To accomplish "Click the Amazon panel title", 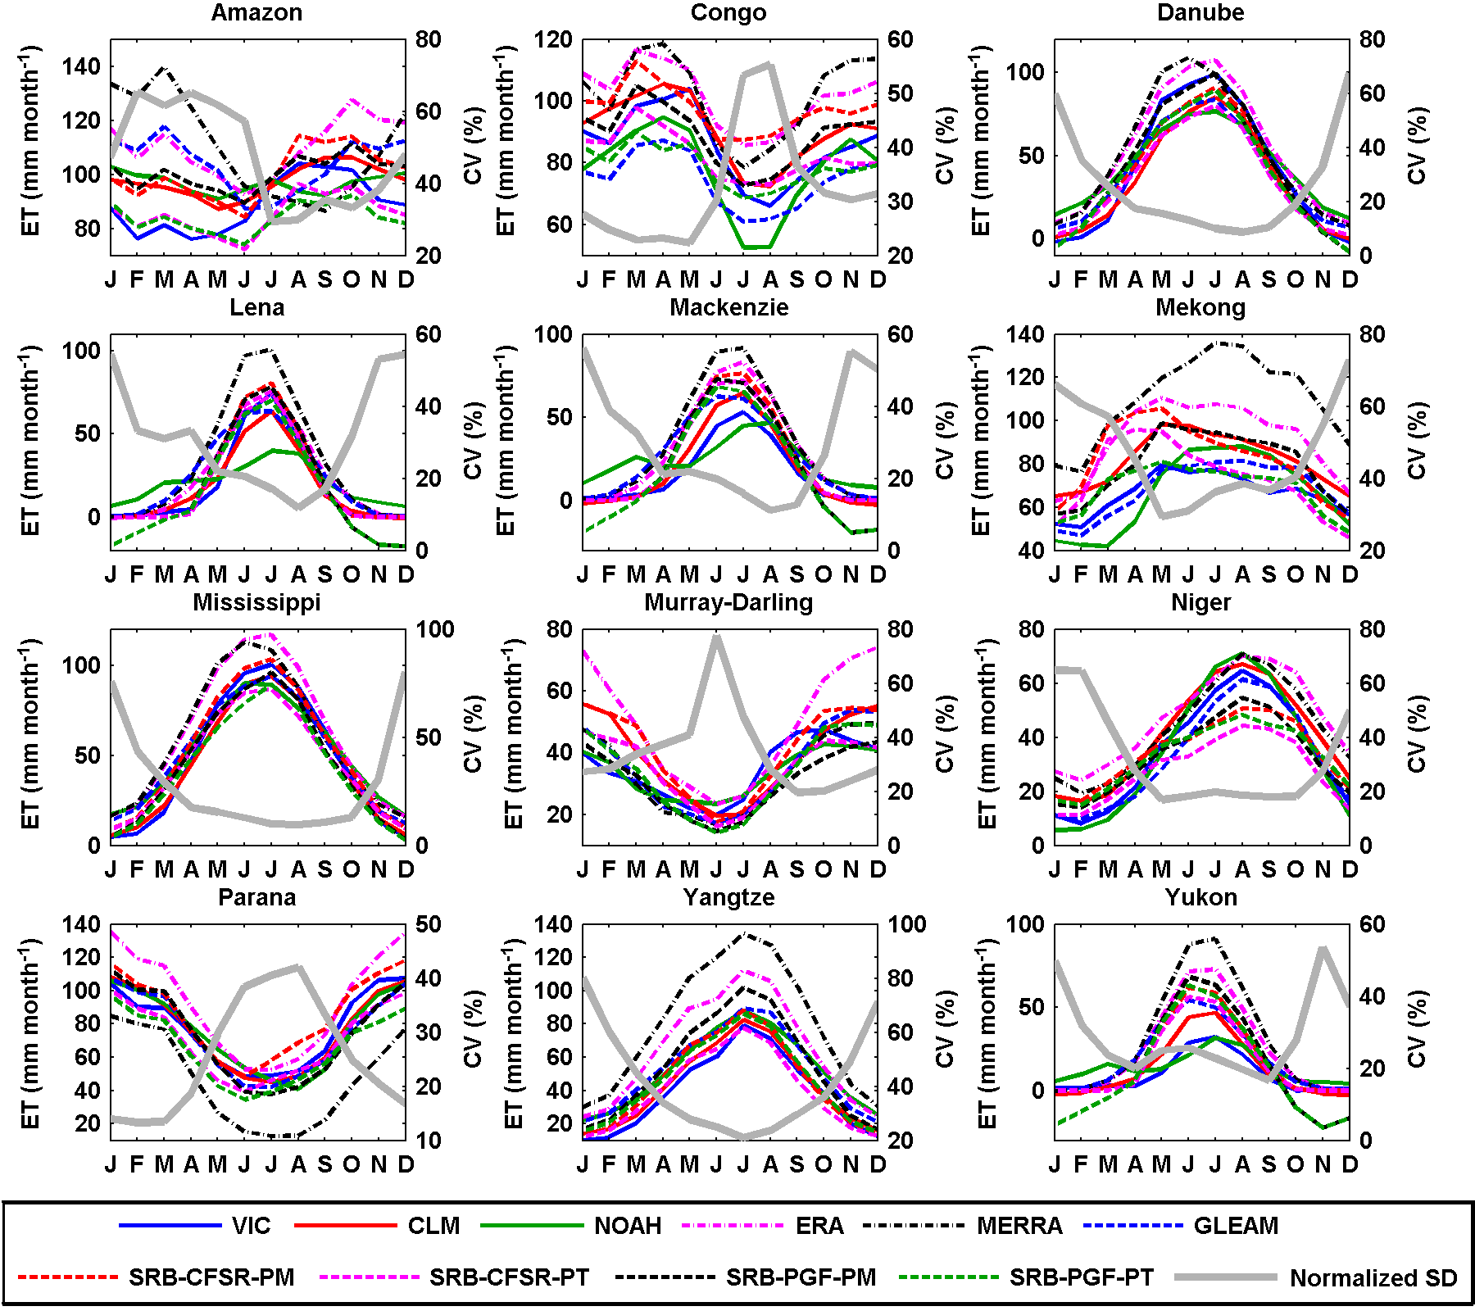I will click(256, 13).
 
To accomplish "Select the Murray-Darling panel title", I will click(728, 602).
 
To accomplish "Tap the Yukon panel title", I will click(1200, 897).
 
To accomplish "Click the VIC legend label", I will click(251, 1226).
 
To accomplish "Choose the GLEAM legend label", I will click(1236, 1226).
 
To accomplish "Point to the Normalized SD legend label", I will click(1373, 1278).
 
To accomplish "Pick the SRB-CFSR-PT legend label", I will click(509, 1277).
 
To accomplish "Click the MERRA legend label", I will click(1019, 1226).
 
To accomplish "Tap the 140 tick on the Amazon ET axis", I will click(81, 66).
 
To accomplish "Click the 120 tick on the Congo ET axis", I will click(553, 39).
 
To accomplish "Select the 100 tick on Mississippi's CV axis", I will click(435, 629).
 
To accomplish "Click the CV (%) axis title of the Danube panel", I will click(1417, 147).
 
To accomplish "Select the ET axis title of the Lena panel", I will click(30, 441).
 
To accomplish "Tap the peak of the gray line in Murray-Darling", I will click(717, 636).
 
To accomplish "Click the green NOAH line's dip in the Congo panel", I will click(756, 247).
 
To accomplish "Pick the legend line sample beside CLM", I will click(345, 1226).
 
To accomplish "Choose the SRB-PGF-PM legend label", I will click(801, 1277).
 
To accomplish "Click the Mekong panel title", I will click(1200, 308).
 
